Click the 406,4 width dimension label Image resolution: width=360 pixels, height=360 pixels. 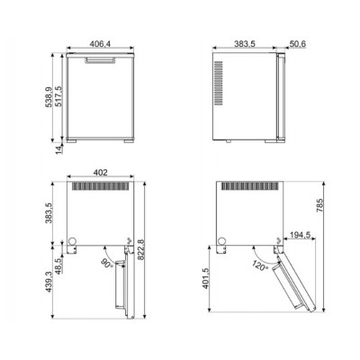tap(100, 44)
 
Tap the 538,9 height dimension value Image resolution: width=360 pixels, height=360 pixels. tap(49, 97)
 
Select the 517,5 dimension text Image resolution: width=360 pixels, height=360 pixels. tap(58, 96)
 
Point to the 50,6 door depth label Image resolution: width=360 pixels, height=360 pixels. tap(298, 44)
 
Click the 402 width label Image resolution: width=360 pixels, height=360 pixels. tap(100, 173)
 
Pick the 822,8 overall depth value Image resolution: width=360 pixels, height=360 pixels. tap(140, 249)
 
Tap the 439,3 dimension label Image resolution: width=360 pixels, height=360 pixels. tap(49, 282)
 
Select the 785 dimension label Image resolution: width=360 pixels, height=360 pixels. tap(320, 205)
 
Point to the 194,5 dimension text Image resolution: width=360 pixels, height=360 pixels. tap(299, 235)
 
